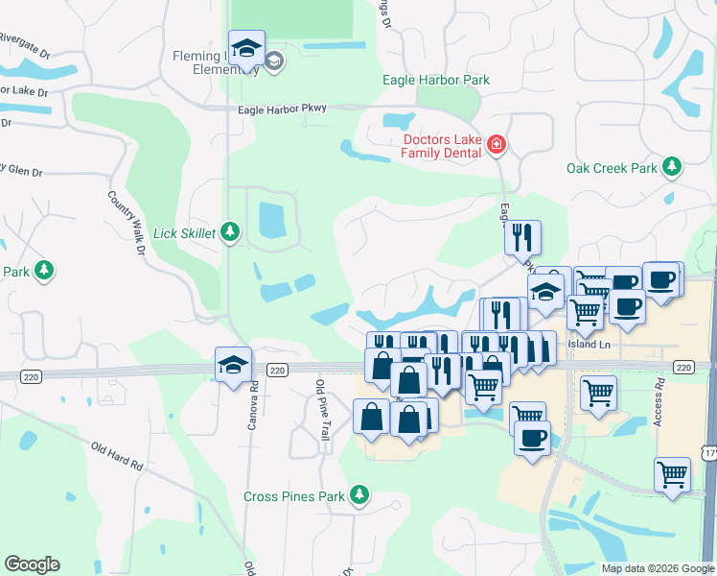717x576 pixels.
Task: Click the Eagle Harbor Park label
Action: tap(435, 80)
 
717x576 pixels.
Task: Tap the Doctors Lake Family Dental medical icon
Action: tap(497, 145)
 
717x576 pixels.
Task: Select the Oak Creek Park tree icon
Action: tap(672, 167)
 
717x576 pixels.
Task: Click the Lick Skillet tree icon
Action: tap(229, 231)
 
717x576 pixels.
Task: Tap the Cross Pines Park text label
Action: tap(293, 496)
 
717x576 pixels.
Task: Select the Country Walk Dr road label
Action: tap(126, 222)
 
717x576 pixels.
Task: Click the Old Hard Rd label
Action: tap(117, 457)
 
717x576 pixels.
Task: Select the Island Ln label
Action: tap(589, 343)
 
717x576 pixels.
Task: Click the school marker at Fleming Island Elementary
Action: tap(246, 51)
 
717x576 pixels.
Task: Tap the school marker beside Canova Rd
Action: tap(233, 365)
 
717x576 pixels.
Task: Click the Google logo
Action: tap(32, 564)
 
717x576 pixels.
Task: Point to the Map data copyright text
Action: tap(656, 568)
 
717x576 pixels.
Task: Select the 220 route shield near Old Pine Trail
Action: tap(277, 370)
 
